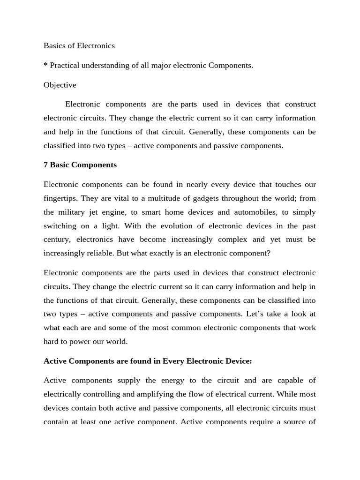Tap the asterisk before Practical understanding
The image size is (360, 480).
[45, 65]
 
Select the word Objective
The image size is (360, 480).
[60, 85]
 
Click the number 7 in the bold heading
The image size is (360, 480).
[45, 165]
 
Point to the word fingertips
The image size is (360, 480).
[60, 198]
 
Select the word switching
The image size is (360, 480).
[60, 225]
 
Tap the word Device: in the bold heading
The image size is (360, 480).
[237, 360]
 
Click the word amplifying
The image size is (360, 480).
[153, 394]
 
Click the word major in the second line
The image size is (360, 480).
[161, 65]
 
